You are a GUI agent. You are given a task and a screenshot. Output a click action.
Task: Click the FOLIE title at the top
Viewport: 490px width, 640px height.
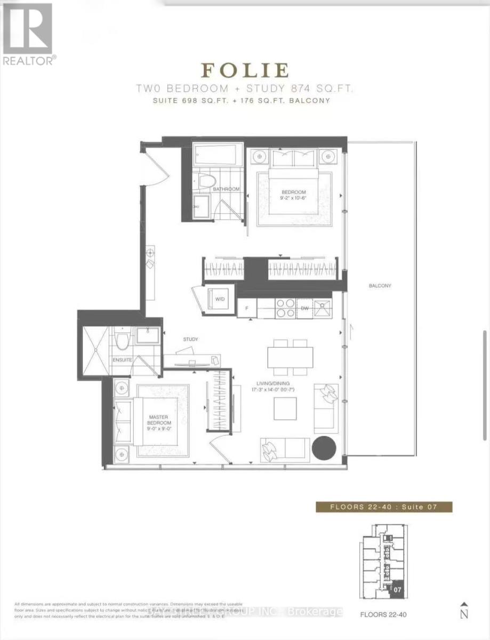point(245,70)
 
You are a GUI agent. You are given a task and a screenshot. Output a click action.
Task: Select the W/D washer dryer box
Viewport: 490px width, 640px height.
point(219,299)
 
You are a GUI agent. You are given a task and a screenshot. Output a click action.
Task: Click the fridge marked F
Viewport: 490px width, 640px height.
point(247,308)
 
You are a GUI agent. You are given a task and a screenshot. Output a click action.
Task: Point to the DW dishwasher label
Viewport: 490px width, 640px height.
point(304,308)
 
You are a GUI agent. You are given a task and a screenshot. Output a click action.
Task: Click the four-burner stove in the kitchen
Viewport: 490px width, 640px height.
point(285,308)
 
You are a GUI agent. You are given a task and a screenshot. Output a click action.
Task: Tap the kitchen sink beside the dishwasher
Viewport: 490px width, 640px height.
point(323,308)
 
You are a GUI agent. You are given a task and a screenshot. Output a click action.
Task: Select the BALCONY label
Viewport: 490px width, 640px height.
point(380,286)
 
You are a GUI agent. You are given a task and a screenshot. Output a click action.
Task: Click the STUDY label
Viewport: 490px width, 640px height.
point(190,339)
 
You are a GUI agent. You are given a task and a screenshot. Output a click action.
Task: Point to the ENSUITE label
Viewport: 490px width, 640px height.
point(122,360)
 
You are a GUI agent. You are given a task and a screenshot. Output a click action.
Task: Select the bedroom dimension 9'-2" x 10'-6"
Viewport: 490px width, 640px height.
point(294,198)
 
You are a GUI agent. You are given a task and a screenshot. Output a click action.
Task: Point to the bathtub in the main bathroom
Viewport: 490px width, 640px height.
point(218,155)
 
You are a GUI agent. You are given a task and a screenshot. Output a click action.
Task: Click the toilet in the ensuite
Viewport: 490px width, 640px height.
point(123,340)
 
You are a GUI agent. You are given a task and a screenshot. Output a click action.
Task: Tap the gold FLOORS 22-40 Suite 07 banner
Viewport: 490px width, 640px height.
point(383,507)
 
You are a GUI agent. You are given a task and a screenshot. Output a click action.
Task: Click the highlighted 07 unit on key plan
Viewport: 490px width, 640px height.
point(395,590)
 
